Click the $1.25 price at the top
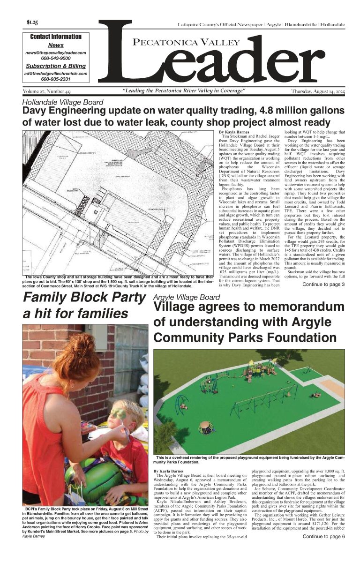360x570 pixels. tap(32, 22)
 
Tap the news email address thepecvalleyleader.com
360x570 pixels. tap(55, 53)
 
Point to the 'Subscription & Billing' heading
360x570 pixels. tap(55, 66)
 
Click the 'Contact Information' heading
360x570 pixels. tap(55, 37)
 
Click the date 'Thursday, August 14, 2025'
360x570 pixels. tap(317, 91)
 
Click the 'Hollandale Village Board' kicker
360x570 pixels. tap(63, 102)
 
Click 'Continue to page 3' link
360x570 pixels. tap(323, 284)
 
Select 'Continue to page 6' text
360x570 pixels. tap(323, 536)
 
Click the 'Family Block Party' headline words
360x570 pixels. tap(84, 297)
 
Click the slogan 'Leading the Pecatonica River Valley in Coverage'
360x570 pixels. tap(184, 91)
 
